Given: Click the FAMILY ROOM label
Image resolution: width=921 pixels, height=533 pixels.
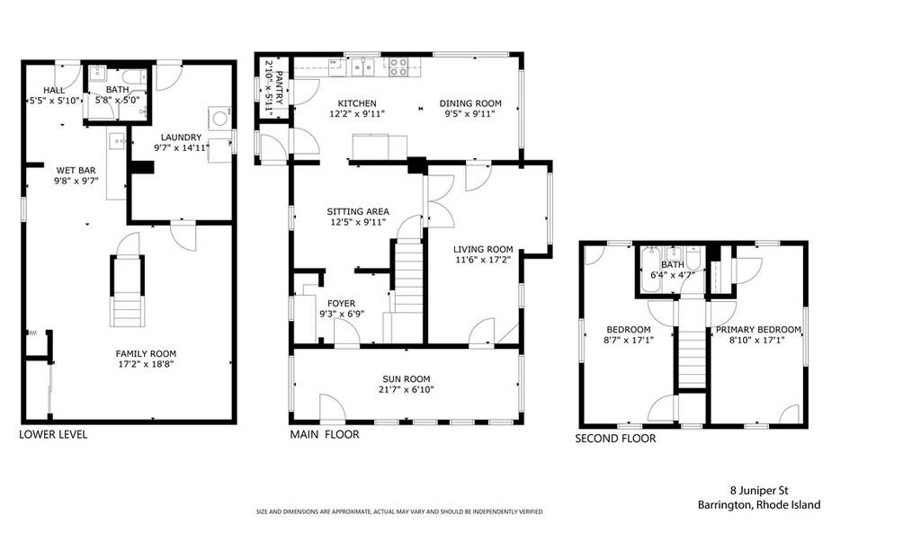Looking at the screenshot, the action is point(146,354).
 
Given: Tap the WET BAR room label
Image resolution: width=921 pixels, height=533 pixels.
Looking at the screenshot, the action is point(76,171).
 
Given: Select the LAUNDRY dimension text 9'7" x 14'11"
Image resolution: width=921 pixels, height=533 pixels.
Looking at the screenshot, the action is point(182,148).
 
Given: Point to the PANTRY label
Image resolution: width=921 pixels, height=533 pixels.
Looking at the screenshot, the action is point(280,87).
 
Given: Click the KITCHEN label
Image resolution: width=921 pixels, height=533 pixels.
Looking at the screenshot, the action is point(357,103).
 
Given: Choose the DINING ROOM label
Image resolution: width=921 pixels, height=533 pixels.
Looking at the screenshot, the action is point(470,103).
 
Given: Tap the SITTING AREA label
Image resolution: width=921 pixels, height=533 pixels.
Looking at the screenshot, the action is point(358,211).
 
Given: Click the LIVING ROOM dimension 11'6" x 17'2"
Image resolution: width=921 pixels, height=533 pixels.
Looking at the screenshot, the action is point(483,260).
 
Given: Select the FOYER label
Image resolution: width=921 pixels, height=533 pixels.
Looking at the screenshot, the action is point(341,304).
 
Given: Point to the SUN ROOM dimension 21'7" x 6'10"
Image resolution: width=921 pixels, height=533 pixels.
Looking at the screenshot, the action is point(407,389).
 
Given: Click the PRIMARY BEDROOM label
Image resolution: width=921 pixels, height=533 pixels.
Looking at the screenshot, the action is point(758,329).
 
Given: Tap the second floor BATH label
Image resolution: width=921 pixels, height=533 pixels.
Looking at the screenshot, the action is point(673,265).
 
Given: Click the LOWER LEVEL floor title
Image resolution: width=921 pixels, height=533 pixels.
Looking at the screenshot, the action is point(53,434).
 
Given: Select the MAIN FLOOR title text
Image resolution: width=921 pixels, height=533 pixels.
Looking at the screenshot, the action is point(324,434).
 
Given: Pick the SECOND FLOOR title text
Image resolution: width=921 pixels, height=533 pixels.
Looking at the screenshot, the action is point(615,439).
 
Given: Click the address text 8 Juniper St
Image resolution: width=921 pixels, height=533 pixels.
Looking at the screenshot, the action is point(759,490).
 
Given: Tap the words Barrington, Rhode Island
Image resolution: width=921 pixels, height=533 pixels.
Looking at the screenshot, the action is point(759,505).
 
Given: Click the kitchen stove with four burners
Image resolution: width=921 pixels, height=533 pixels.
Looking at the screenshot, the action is point(398,67).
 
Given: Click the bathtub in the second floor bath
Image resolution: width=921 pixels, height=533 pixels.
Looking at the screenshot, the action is point(649,271).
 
